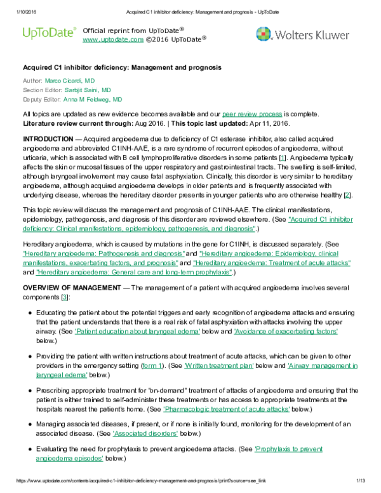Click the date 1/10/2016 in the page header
[15, 5]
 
